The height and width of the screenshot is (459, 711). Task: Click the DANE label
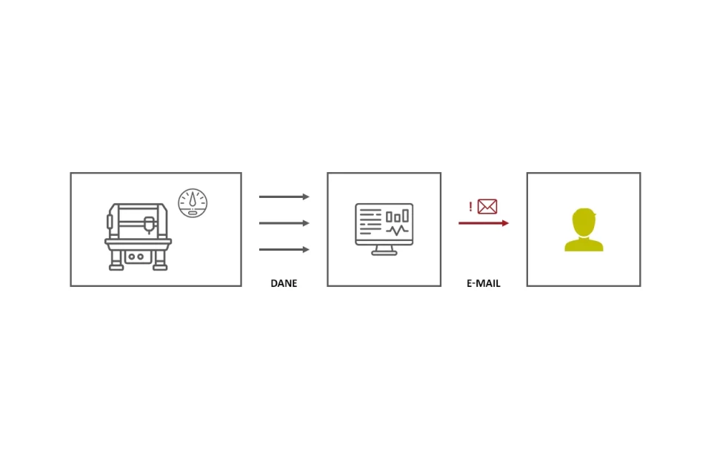(284, 283)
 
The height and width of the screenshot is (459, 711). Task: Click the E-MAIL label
(484, 283)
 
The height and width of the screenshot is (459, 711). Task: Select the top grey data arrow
(284, 197)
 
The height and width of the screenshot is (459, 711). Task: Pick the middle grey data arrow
(284, 223)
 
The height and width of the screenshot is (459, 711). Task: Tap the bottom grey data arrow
(284, 249)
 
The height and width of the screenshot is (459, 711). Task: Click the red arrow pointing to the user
(484, 223)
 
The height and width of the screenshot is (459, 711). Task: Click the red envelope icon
(487, 207)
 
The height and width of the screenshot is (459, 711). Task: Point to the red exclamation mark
(471, 207)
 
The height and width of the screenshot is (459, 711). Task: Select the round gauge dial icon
(193, 203)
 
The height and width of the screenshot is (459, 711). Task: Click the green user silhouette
(584, 230)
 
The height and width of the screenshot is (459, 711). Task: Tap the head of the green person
(584, 222)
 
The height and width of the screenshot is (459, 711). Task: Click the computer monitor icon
(384, 229)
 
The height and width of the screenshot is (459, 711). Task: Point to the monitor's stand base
(384, 252)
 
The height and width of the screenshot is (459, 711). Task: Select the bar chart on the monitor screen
(397, 216)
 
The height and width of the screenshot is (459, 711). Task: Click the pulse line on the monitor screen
(397, 231)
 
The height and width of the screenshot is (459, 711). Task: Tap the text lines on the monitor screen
(370, 222)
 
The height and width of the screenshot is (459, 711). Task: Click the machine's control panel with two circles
(136, 257)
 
